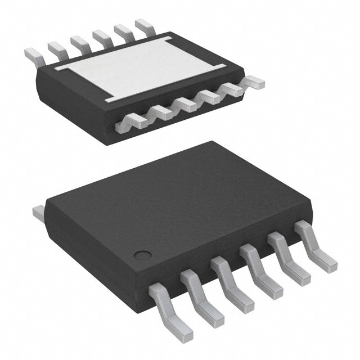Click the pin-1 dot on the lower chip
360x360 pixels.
[145, 254]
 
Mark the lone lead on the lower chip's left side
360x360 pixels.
[38, 212]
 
